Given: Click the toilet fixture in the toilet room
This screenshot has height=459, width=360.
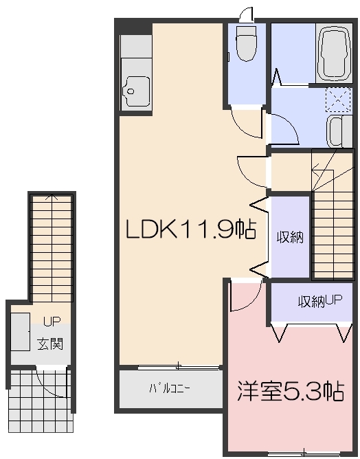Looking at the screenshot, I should (245, 44).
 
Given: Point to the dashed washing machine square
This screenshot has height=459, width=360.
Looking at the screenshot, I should (337, 100).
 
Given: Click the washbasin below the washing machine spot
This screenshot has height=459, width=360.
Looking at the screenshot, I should (336, 131).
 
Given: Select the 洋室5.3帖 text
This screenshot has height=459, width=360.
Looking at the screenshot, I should (290, 392).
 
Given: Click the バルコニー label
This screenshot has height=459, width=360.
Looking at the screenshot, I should (170, 389).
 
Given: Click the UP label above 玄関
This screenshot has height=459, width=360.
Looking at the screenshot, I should (52, 322).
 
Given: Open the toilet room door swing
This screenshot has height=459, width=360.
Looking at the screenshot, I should (246, 122).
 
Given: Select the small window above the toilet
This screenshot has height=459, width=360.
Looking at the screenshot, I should (246, 13).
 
